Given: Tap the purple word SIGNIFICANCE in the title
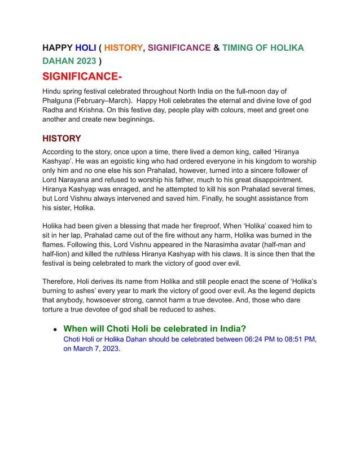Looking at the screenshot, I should click(x=179, y=48).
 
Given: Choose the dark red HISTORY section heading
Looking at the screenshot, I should click(x=62, y=138).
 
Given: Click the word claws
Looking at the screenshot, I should click(x=214, y=255).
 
